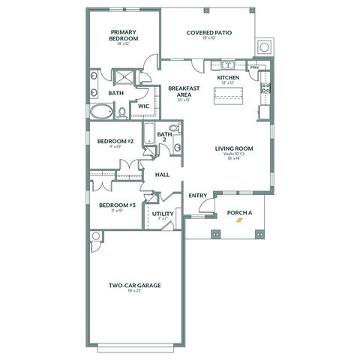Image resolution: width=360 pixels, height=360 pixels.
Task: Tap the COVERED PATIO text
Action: pyautogui.click(x=208, y=33)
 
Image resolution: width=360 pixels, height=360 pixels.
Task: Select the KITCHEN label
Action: pyautogui.click(x=228, y=77)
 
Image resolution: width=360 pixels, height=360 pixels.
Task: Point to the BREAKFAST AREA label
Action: pyautogui.click(x=183, y=91)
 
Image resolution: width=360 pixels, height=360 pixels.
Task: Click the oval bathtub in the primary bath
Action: pyautogui.click(x=101, y=112)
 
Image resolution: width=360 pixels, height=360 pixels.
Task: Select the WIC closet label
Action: pyautogui.click(x=142, y=106)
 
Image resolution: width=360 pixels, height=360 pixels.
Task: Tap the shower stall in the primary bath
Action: pyautogui.click(x=121, y=77)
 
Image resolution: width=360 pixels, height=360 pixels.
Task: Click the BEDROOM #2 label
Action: pyautogui.click(x=115, y=141)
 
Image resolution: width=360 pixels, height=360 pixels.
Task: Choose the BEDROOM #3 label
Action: pyautogui.click(x=117, y=205)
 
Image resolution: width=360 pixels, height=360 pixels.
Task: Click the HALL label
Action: pyautogui.click(x=162, y=175)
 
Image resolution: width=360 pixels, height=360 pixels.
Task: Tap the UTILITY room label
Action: pyautogui.click(x=163, y=214)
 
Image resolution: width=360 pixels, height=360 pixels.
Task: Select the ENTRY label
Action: pyautogui.click(x=198, y=196)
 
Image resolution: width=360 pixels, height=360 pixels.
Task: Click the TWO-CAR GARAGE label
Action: pyautogui.click(x=135, y=285)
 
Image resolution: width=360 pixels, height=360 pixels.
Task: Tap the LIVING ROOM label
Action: pyautogui.click(x=234, y=148)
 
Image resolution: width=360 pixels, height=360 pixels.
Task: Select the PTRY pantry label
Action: pyautogui.click(x=254, y=67)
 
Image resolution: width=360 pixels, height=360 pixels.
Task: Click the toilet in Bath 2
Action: pyautogui.click(x=173, y=129)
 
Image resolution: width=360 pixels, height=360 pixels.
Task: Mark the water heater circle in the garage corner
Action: pyautogui.click(x=95, y=237)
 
